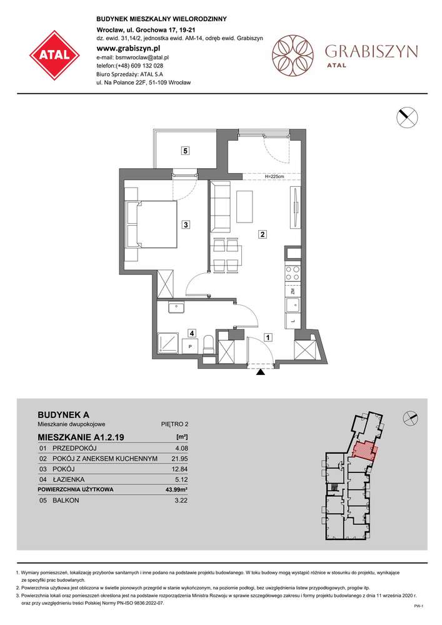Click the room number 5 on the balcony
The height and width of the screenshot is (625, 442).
click(185, 150)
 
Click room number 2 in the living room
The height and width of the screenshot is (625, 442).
click(263, 235)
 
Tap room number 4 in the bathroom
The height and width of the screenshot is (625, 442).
click(193, 333)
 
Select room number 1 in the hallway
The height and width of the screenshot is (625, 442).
click(268, 338)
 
